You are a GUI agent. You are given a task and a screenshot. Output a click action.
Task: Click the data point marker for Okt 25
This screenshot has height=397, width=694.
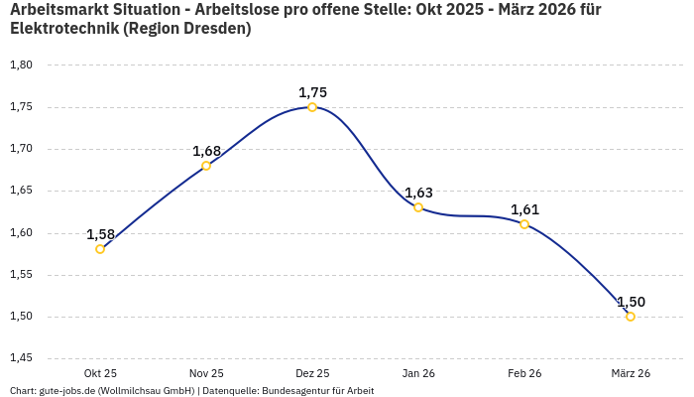click(100, 249)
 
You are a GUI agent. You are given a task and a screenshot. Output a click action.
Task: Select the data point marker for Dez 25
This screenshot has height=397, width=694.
click(312, 107)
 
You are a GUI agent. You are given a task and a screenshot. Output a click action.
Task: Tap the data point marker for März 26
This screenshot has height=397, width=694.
click(631, 317)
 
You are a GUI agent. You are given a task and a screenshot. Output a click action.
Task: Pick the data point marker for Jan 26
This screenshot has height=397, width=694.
click(418, 207)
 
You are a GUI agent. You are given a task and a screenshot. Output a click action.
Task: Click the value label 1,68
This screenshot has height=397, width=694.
click(206, 151)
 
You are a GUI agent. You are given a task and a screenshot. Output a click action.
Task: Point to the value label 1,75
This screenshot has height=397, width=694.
click(312, 92)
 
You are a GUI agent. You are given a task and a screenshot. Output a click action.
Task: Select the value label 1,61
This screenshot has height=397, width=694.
click(524, 209)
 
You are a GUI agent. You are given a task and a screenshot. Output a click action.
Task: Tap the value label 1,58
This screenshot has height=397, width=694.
click(100, 234)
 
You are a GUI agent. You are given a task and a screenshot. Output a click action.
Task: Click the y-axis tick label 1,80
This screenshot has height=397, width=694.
click(21, 66)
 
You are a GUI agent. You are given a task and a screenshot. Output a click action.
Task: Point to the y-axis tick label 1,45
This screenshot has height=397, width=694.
click(21, 358)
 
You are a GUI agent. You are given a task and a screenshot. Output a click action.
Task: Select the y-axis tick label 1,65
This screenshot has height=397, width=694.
click(21, 191)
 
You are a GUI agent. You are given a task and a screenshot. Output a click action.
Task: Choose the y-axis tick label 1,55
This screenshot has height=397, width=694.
click(21, 275)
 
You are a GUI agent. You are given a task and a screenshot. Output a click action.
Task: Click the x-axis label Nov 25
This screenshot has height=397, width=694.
click(206, 373)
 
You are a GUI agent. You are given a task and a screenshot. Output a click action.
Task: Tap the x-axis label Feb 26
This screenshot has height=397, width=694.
click(524, 373)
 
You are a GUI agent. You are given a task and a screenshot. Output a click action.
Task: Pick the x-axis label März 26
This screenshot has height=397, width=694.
click(631, 373)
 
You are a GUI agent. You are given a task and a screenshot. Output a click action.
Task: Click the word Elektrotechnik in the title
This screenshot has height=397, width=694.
click(64, 29)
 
